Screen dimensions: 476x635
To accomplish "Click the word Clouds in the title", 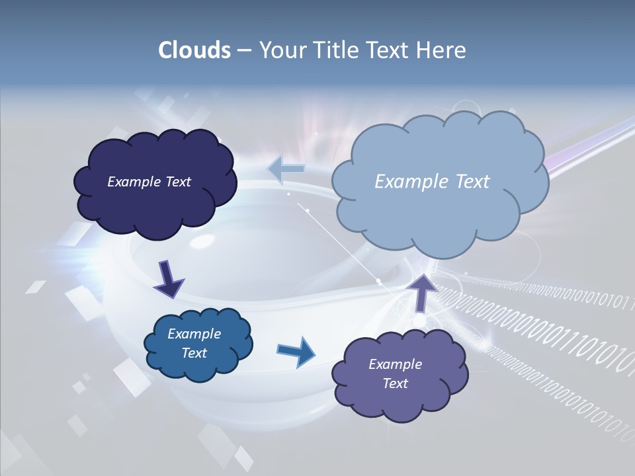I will click(x=194, y=50).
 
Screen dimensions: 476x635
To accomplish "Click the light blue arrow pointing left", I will click(x=286, y=169).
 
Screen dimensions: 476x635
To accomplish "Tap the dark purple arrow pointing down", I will click(x=169, y=278).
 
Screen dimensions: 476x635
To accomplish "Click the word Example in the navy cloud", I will click(x=134, y=181).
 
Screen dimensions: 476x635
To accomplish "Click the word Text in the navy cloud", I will click(x=178, y=181).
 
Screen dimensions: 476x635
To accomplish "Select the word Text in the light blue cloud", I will click(x=472, y=181).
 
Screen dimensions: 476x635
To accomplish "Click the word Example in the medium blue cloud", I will click(x=194, y=334).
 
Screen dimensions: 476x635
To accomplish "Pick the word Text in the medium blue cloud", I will click(x=194, y=353).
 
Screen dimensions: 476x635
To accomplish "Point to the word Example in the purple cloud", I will click(x=395, y=364).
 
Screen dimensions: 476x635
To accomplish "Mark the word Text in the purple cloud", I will click(x=395, y=383).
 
